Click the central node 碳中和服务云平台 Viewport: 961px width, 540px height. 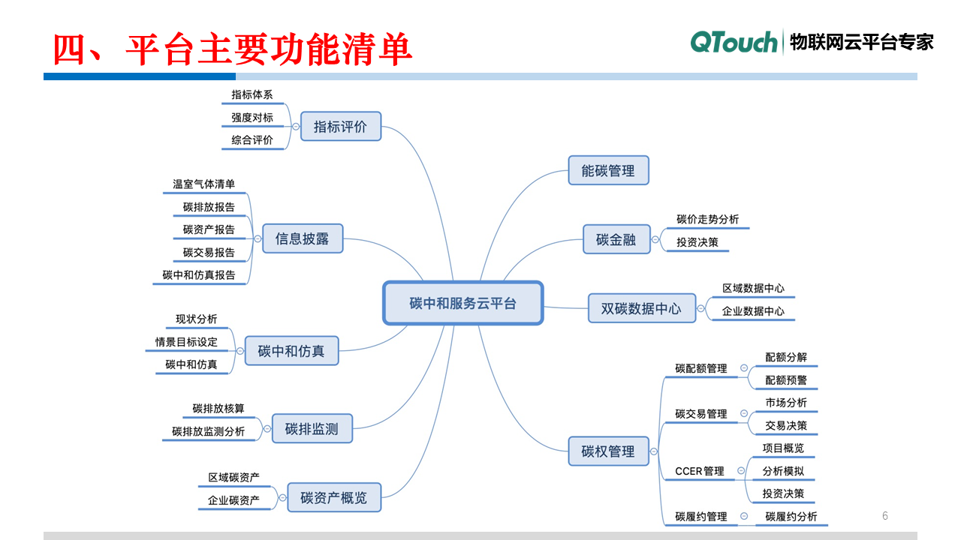[x=462, y=303]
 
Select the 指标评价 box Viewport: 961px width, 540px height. [x=341, y=127]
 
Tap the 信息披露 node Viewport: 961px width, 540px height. [x=303, y=239]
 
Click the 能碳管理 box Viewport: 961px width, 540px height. [x=608, y=170]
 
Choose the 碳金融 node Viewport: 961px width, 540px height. [x=616, y=239]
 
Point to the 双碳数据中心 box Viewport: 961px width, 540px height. [x=641, y=307]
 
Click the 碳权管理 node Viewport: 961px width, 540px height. [x=608, y=451]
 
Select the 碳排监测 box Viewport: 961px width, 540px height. [x=312, y=429]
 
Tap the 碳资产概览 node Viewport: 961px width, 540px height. [x=333, y=497]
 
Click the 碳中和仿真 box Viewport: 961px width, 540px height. [x=291, y=350]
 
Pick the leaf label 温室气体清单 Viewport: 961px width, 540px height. [x=204, y=184]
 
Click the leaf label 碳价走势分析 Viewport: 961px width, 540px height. [x=707, y=219]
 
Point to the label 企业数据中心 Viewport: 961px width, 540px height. [x=753, y=310]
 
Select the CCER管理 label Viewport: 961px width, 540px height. [x=700, y=471]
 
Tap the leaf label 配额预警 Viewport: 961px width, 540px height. [x=786, y=380]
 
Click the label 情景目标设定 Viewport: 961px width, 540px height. [x=186, y=342]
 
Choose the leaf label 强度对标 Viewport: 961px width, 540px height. [x=252, y=118]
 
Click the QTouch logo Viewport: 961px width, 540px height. [x=734, y=42]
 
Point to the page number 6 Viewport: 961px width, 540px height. [x=885, y=515]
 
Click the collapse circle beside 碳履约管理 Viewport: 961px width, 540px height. [x=743, y=516]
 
